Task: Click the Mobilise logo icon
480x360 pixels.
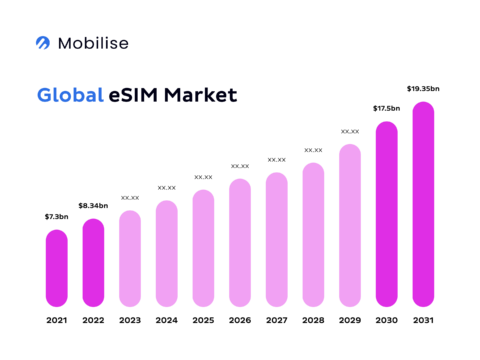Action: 43,43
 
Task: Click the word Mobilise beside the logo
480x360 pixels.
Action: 93,43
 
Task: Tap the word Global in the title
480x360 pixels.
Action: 70,96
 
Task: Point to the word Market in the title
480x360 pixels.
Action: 203,96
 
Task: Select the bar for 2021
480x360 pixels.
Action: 57,268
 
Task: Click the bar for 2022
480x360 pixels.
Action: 93,262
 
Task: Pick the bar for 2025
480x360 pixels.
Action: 203,248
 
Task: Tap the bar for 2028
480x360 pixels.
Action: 313,234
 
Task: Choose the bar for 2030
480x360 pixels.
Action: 386,214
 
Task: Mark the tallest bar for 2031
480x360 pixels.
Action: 423,204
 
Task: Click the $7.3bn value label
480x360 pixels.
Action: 57,217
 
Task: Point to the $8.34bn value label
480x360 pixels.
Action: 93,205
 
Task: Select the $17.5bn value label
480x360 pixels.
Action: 386,108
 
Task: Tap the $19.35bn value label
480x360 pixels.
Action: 423,89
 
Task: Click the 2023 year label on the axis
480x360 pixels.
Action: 130,320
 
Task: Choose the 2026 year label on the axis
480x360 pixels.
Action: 240,320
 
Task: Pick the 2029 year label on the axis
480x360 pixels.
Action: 350,320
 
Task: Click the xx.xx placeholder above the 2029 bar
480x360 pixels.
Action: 350,131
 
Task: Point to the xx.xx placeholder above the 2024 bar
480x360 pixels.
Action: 167,187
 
